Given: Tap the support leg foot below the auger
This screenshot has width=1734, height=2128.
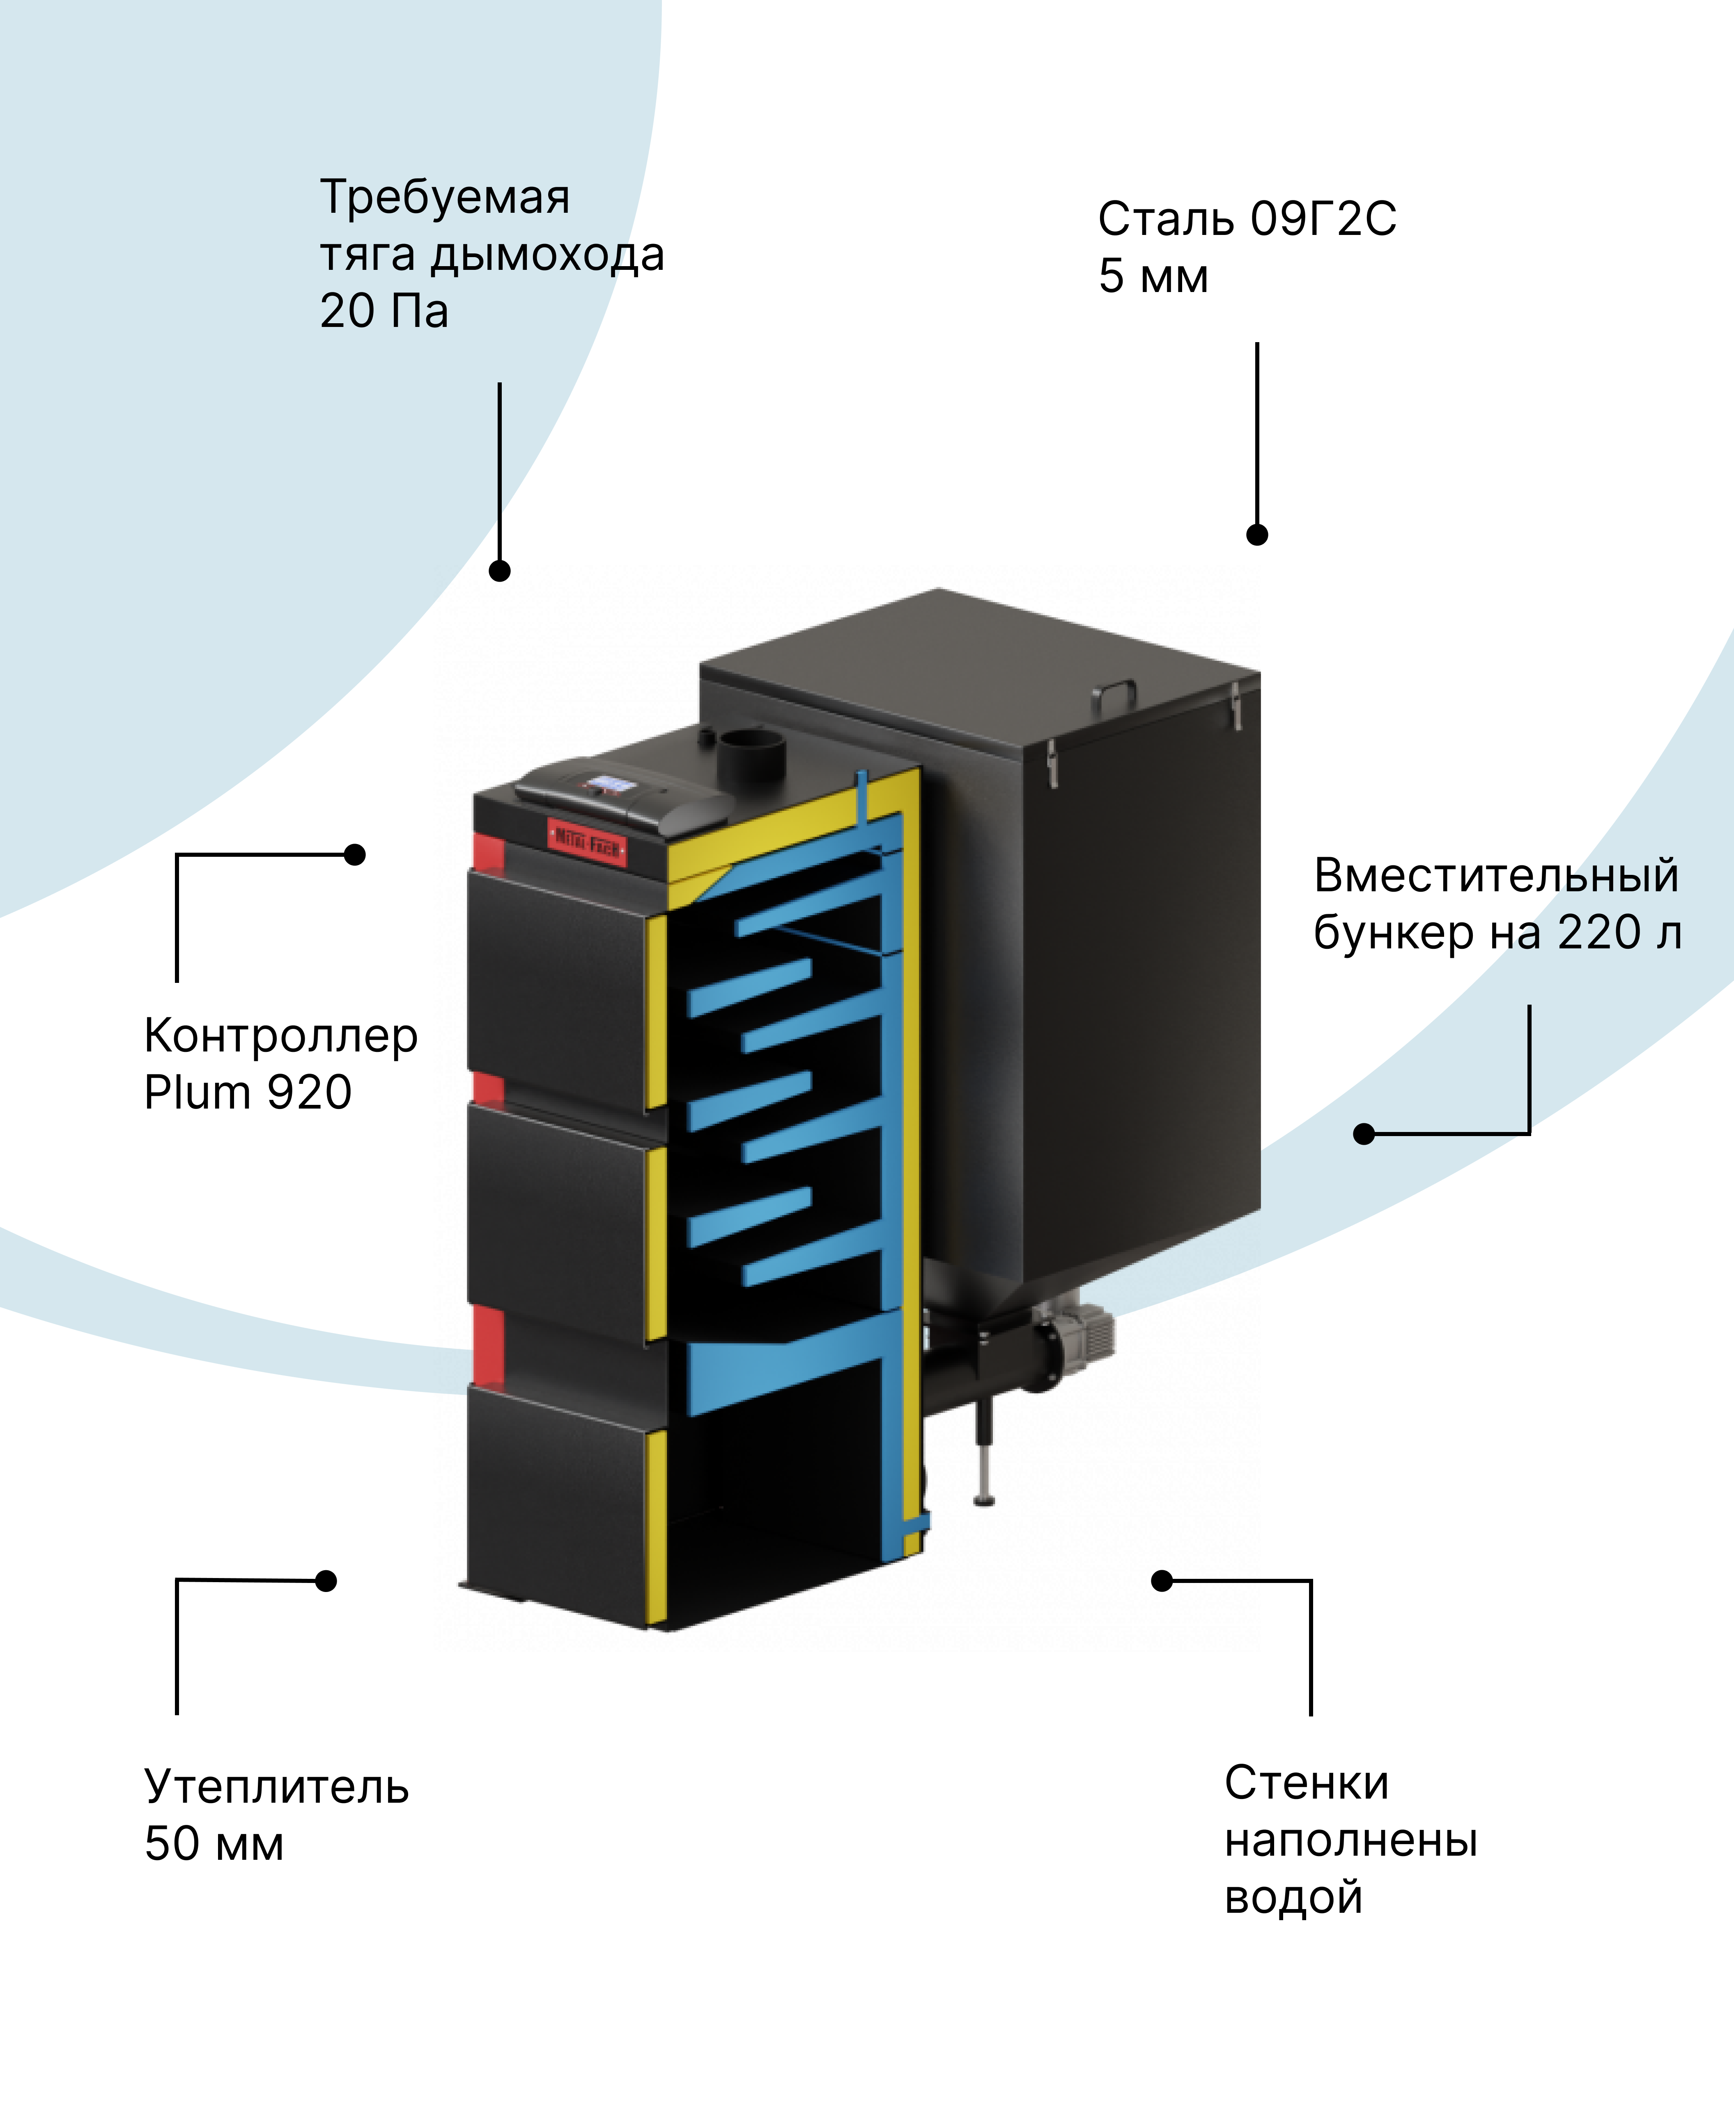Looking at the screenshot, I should pyautogui.click(x=984, y=1499).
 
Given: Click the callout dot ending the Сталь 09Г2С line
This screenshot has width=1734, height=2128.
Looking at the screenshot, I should pyautogui.click(x=1256, y=534).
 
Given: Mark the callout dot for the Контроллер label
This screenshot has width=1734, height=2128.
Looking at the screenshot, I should pyautogui.click(x=355, y=854).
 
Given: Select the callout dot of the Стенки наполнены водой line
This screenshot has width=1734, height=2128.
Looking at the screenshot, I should pyautogui.click(x=1162, y=1580).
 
